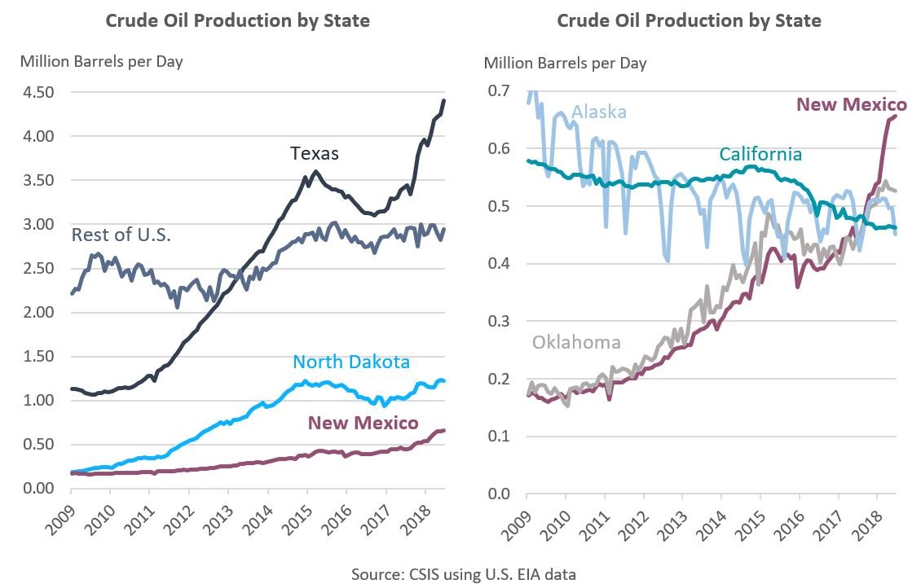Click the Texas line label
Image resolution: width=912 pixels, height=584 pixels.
tap(314, 153)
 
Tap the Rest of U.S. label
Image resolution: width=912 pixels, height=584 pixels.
tap(121, 235)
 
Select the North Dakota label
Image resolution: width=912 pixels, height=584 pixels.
tap(351, 362)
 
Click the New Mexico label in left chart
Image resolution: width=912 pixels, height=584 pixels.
tap(363, 423)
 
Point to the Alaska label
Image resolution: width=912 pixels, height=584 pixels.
tap(599, 112)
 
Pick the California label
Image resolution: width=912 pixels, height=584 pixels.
tap(760, 154)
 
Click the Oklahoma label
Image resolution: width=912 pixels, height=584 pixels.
tap(576, 341)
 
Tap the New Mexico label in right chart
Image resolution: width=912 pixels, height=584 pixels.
tap(851, 104)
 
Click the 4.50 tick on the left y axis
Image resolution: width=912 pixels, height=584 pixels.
tap(38, 92)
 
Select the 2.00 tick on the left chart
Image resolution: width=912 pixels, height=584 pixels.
tap(38, 312)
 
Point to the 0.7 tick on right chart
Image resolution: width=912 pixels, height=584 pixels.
tap(499, 90)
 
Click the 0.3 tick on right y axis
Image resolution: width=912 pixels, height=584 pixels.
tap(499, 321)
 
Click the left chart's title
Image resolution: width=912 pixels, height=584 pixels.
tap(237, 21)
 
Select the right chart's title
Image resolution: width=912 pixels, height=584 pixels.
tap(689, 21)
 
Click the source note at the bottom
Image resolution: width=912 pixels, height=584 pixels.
tap(464, 574)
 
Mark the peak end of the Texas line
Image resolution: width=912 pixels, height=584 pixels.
tap(444, 100)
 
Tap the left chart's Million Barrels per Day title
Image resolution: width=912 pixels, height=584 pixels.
tap(102, 62)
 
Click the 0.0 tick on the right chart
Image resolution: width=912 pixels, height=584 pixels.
tap(499, 494)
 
